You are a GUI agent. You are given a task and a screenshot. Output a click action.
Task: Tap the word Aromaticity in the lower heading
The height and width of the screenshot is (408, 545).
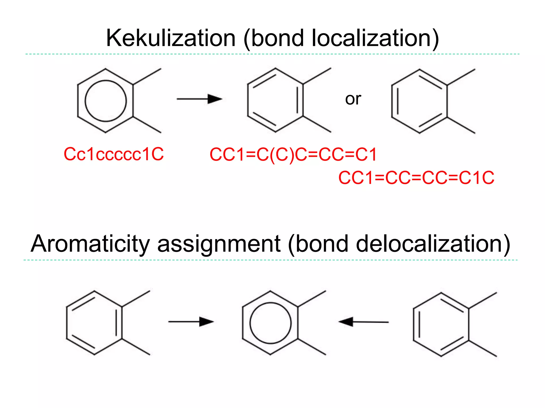(90, 244)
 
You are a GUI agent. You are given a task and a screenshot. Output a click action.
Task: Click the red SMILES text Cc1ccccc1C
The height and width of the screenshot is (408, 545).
(114, 154)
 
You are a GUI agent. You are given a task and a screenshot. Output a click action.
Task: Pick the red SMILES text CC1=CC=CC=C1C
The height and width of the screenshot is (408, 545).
(416, 178)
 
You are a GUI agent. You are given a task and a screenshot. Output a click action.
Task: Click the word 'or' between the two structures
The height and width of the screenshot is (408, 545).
(353, 99)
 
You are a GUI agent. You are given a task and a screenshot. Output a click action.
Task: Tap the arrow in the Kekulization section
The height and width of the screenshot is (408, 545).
(199, 99)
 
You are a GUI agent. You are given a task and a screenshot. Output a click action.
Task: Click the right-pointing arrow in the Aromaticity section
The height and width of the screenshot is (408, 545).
(191, 322)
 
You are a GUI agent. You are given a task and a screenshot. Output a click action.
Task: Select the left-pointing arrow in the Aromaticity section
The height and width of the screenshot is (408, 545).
(364, 322)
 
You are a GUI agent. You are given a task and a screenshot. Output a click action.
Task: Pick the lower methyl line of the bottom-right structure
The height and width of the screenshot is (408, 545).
(482, 348)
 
